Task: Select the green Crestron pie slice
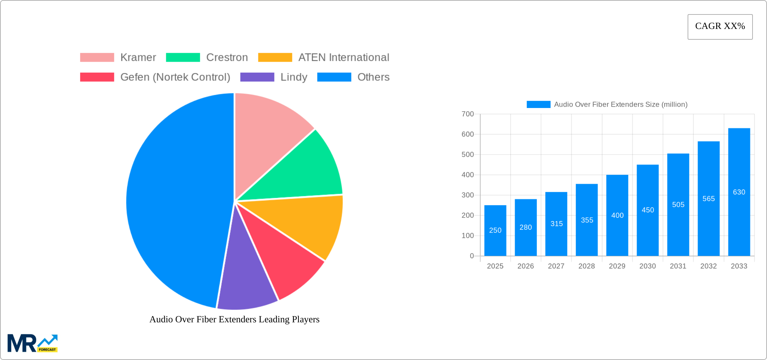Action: click(x=303, y=172)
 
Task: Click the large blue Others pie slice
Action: click(x=175, y=202)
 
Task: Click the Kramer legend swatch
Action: click(x=97, y=58)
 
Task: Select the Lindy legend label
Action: click(x=294, y=77)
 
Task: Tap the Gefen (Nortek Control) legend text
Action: click(x=175, y=77)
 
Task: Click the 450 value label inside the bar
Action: click(x=648, y=210)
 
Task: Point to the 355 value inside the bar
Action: click(x=587, y=220)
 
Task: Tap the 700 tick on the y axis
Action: click(x=468, y=114)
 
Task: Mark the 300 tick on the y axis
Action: click(x=468, y=195)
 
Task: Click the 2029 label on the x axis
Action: click(x=617, y=266)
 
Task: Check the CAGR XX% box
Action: click(x=720, y=27)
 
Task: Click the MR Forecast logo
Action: click(x=32, y=343)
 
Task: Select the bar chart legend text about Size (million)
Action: click(x=620, y=105)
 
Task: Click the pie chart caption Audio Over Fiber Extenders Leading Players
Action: click(x=234, y=319)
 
